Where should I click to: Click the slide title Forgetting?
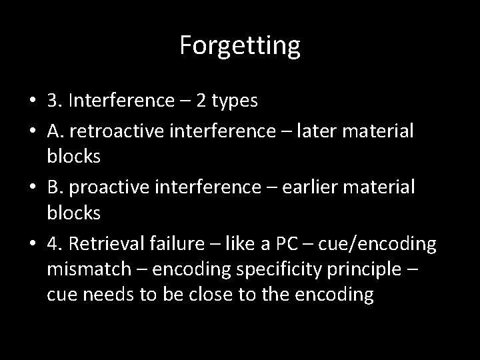tap(240, 46)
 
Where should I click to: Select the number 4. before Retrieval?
tap(55, 245)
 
